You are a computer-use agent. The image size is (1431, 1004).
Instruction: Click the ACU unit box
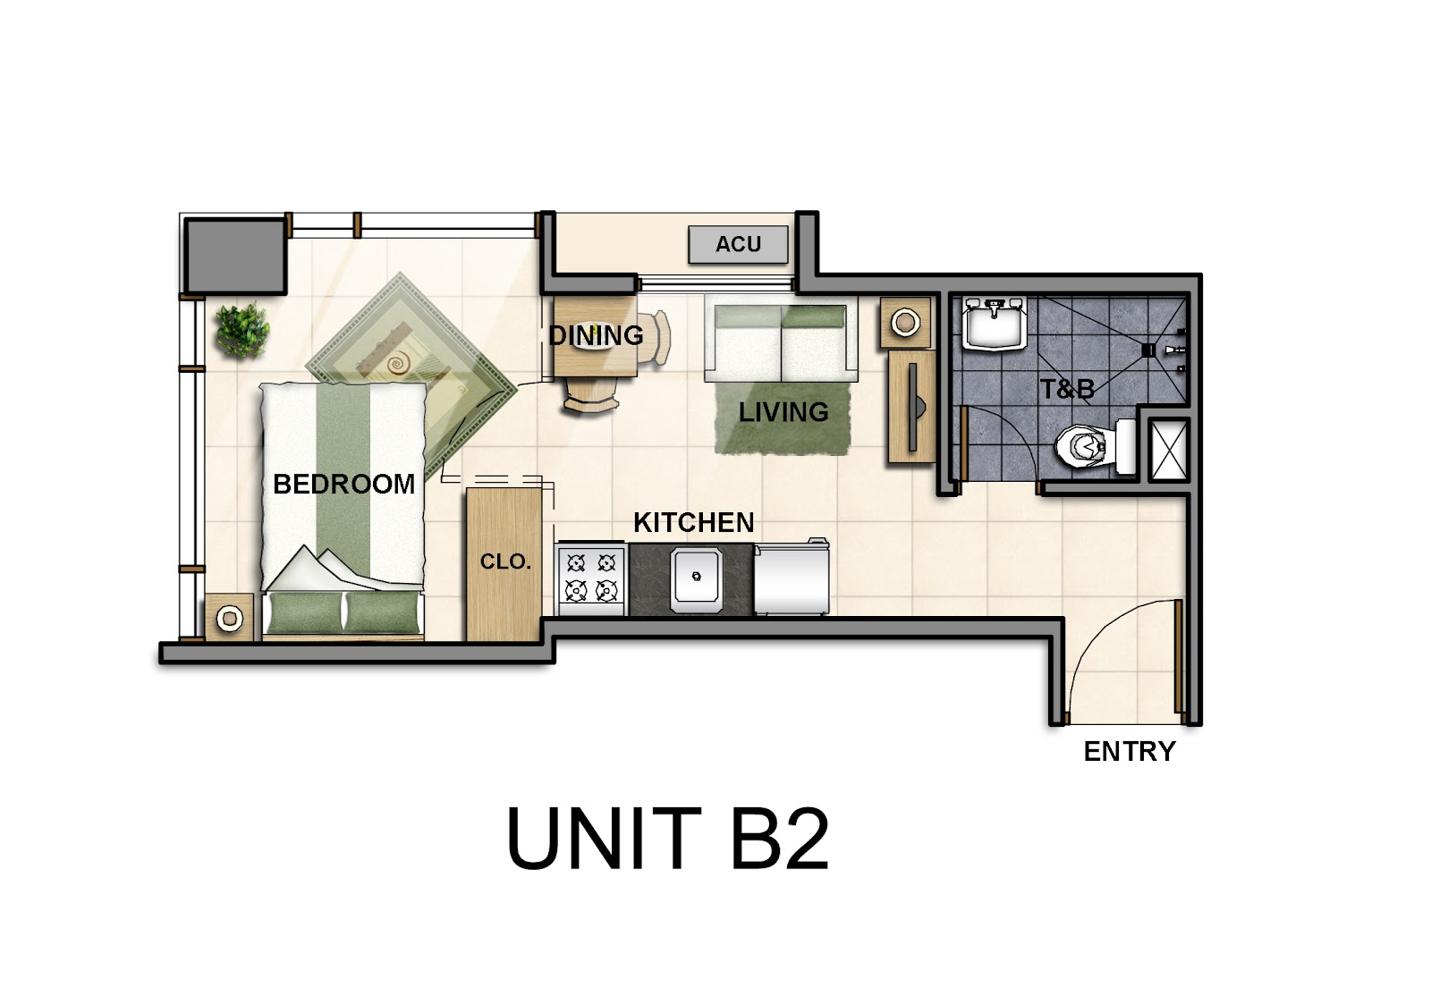tap(738, 244)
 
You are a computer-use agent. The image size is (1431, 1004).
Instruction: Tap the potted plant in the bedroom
tap(242, 330)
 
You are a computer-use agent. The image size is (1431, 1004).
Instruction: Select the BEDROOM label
tap(343, 484)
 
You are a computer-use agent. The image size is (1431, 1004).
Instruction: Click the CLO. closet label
tap(505, 562)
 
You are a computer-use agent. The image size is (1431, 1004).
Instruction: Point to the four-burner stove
tap(590, 578)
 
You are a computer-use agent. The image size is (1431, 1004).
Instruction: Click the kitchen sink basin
tap(697, 576)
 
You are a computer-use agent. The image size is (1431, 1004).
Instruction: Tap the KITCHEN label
tap(694, 523)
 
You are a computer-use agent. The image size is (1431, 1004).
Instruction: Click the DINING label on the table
tap(596, 335)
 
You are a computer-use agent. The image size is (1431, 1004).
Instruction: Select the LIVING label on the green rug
tap(783, 412)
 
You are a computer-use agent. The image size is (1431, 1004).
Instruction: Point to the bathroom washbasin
tap(994, 324)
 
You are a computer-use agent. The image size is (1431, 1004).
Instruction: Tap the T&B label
tap(1067, 388)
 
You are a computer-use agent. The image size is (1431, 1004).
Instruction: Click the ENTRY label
tap(1130, 751)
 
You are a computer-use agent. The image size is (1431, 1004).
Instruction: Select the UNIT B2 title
tap(667, 838)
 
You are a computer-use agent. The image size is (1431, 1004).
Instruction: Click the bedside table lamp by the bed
tap(229, 618)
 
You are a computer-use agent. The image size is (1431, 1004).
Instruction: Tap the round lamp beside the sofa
tap(904, 323)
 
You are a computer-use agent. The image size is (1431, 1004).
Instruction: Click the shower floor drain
tap(1147, 350)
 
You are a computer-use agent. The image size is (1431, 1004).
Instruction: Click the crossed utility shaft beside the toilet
tap(1169, 450)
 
